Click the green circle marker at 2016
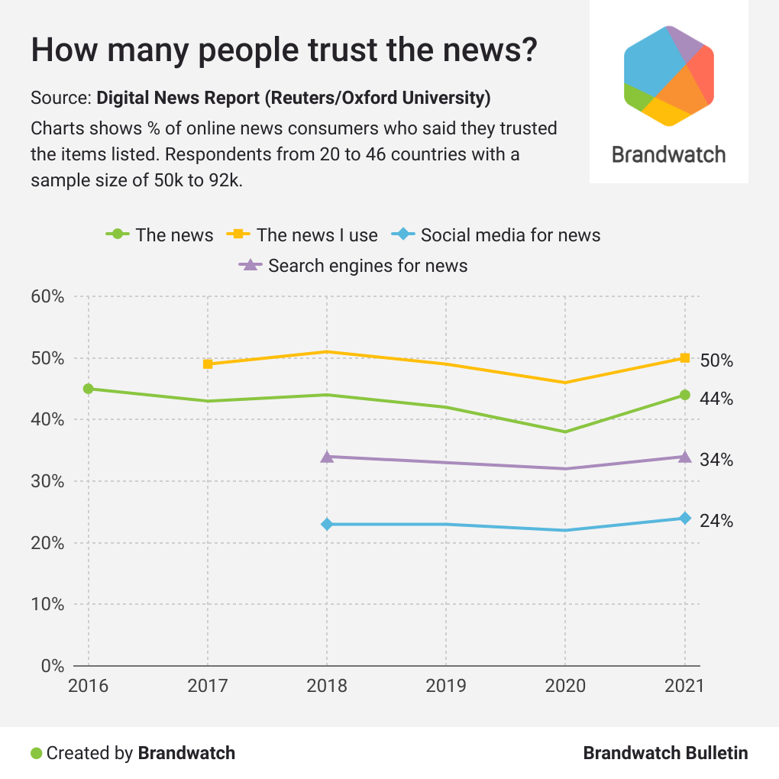(x=89, y=389)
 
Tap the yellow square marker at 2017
(x=208, y=364)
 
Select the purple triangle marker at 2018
(x=327, y=457)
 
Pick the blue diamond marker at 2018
(x=327, y=525)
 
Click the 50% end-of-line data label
(x=716, y=360)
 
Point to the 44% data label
(x=716, y=399)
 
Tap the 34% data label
(x=716, y=460)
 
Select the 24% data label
(x=716, y=521)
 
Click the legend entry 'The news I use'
(x=317, y=235)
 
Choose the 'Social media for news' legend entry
(x=510, y=235)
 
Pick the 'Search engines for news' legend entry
(x=367, y=266)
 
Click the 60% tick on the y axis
(x=47, y=297)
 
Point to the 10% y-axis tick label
(x=47, y=604)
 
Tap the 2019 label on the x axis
(x=446, y=685)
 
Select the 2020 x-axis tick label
(x=565, y=685)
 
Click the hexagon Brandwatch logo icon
(x=669, y=75)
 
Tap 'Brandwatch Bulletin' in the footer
(x=665, y=753)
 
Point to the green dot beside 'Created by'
(x=36, y=753)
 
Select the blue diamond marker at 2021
(x=685, y=519)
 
